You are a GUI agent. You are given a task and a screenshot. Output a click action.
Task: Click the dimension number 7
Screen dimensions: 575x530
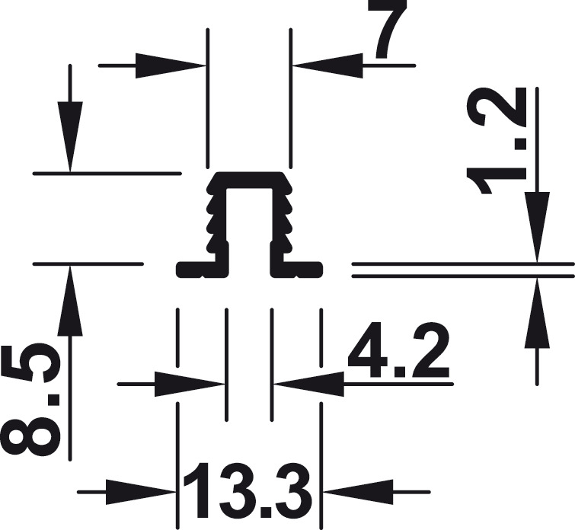(391, 30)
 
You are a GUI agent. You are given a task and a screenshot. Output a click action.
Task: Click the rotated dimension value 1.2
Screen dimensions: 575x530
(497, 141)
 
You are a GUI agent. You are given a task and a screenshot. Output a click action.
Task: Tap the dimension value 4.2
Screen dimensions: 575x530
(399, 350)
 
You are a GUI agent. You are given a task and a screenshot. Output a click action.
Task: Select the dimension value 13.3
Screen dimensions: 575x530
(248, 490)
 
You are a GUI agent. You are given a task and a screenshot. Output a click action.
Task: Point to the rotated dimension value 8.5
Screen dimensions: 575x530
(30, 400)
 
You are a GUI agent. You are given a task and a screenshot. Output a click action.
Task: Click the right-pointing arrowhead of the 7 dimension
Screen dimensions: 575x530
(170, 65)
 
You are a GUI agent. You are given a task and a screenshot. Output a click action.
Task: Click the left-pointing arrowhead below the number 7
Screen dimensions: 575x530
(328, 65)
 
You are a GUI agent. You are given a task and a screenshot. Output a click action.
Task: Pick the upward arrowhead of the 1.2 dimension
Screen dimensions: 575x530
(537, 313)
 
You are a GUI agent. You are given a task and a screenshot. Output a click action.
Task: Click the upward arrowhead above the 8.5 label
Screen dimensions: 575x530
(70, 300)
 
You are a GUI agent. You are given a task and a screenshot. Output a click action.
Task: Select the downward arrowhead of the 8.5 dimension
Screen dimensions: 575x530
(70, 136)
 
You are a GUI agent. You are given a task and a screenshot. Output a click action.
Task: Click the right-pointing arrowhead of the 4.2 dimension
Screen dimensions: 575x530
(189, 384)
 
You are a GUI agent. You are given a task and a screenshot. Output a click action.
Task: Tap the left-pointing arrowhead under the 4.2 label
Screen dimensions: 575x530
(310, 384)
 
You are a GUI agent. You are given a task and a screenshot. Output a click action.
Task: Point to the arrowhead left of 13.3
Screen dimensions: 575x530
(140, 491)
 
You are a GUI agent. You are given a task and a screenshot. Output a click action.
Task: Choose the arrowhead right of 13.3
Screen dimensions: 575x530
(358, 491)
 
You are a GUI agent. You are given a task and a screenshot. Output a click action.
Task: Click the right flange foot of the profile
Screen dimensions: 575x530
(296, 270)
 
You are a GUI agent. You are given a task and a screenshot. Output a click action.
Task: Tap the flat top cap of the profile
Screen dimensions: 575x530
(250, 180)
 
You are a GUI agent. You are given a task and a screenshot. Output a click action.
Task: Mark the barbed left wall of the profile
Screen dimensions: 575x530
(217, 220)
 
